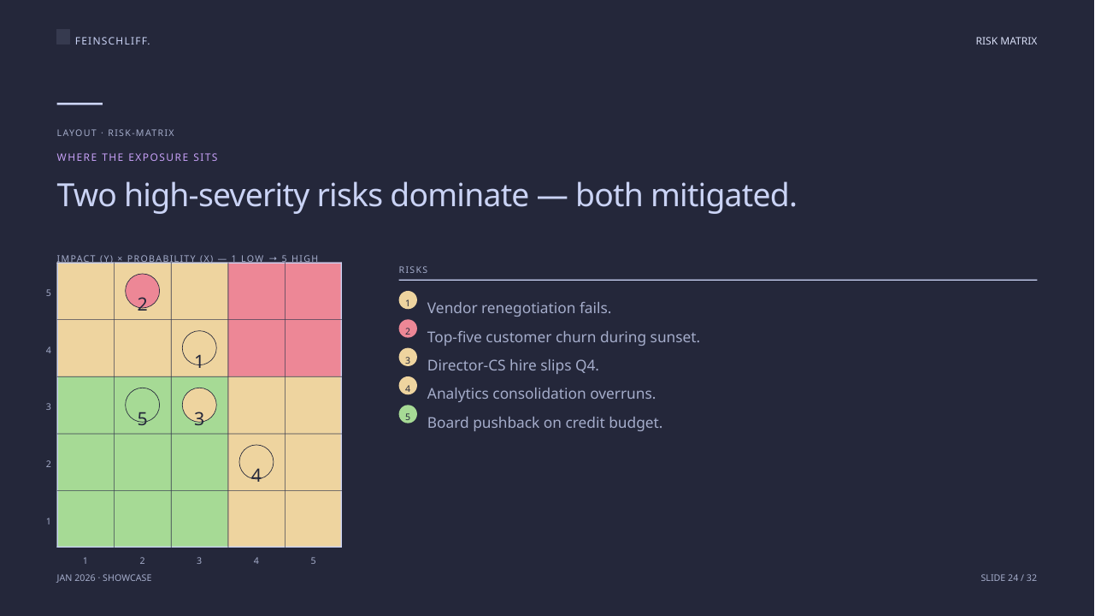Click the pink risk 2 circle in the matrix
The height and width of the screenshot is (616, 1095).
coord(142,291)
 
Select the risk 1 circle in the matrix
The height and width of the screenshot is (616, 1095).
coord(199,331)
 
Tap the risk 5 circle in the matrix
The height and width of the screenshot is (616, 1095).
coord(142,388)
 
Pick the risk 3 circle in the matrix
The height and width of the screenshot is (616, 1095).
coord(199,406)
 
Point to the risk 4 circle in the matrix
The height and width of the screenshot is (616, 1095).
coord(256,445)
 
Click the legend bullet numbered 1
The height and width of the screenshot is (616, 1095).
coord(408,300)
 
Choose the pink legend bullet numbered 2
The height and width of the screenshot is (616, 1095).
coord(408,329)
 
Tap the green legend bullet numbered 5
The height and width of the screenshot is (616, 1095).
coord(408,415)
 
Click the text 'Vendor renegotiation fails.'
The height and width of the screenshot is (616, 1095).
coord(519,308)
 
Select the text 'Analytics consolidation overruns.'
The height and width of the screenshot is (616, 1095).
coord(541,394)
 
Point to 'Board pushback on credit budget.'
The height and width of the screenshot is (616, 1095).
coord(545,423)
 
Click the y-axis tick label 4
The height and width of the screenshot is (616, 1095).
coord(49,350)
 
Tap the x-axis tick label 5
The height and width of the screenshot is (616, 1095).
coord(314,560)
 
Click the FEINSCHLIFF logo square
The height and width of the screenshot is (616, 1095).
coord(63,37)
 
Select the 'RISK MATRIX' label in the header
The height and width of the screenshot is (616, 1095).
coord(1006,40)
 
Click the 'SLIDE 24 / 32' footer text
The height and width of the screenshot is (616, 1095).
coord(1009,577)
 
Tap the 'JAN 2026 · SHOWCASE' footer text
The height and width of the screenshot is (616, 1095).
coord(104,577)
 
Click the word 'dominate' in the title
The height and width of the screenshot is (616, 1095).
coord(460,195)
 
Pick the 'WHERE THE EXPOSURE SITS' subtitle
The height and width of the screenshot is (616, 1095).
coord(138,157)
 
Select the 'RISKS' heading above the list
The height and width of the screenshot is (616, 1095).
coord(413,269)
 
